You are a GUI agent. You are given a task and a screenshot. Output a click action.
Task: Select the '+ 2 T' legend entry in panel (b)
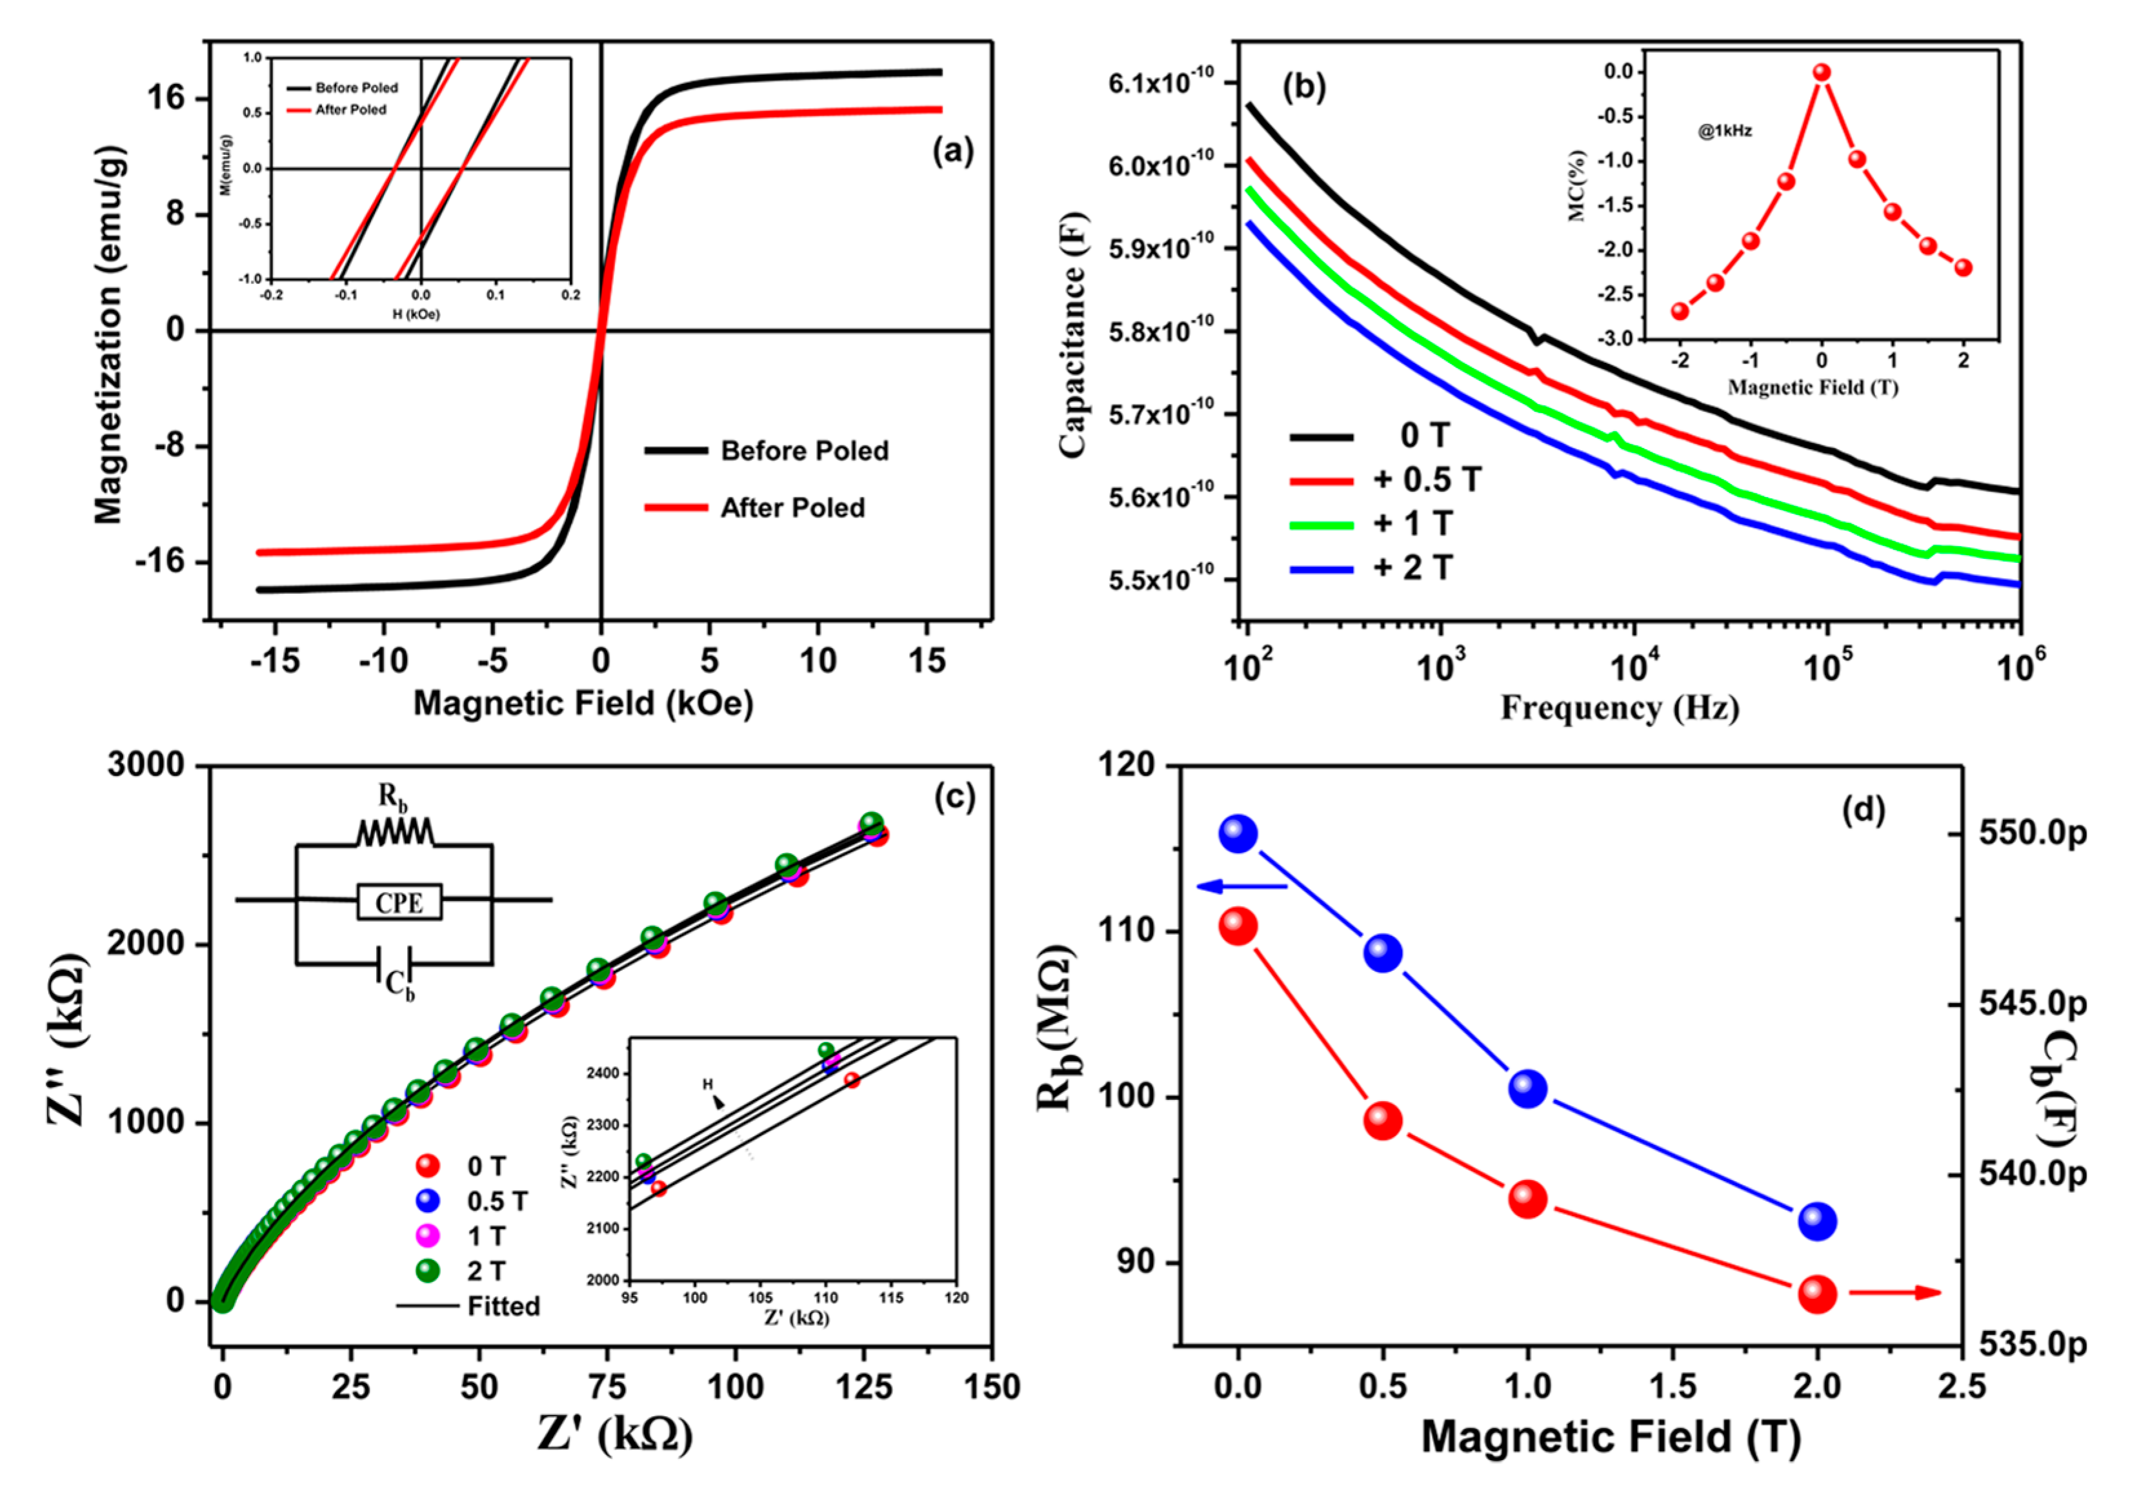(x=1412, y=567)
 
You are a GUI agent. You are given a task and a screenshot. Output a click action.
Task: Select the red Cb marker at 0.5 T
(x=1382, y=1121)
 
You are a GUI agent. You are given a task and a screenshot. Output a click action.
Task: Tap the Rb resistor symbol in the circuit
(x=394, y=831)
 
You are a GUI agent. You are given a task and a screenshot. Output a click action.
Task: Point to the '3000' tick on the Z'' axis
(x=146, y=766)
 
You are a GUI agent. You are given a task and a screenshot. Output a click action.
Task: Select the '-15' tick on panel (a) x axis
(x=275, y=661)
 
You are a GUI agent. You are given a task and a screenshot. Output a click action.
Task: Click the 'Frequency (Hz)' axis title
(x=1620, y=708)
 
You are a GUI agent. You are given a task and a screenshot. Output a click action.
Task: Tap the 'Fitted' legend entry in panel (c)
(x=502, y=1306)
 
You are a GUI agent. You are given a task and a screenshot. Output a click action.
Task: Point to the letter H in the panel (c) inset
(x=707, y=1083)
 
